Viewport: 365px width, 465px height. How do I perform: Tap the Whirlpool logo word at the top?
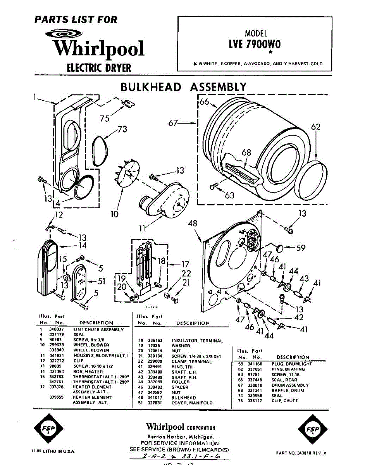point(99,48)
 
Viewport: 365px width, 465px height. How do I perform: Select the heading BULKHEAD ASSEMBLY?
point(183,87)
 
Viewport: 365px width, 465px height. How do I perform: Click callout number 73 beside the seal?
point(122,129)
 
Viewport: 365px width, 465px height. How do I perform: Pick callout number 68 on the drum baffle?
point(246,153)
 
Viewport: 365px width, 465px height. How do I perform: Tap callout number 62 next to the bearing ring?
point(316,127)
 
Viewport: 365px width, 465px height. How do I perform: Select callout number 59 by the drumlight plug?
point(301,247)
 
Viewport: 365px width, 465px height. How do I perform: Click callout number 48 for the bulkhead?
point(193,223)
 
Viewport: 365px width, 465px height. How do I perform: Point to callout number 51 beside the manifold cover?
point(101,281)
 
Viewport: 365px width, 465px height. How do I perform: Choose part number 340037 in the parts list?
point(57,329)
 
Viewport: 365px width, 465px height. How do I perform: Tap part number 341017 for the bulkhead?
point(154,398)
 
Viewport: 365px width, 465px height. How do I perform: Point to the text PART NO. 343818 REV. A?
point(301,453)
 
